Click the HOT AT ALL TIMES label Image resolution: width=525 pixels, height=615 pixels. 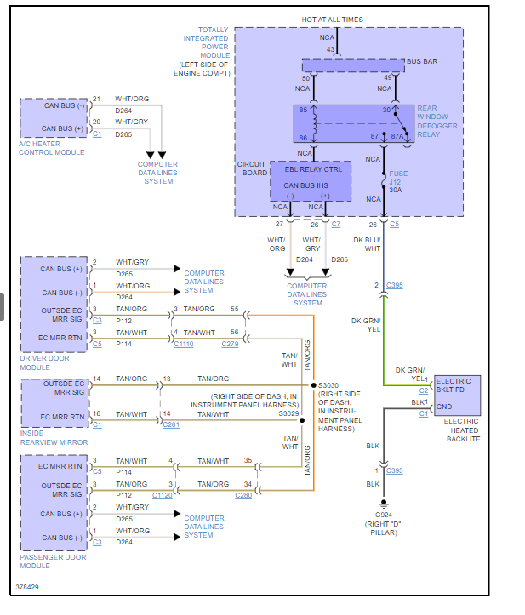(x=332, y=19)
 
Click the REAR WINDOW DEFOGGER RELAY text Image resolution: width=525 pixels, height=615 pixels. (x=437, y=122)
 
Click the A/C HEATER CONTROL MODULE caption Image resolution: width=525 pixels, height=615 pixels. (x=52, y=148)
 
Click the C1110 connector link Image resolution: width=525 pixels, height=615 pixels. (x=183, y=344)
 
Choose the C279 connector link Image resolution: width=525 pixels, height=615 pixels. (x=231, y=344)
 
